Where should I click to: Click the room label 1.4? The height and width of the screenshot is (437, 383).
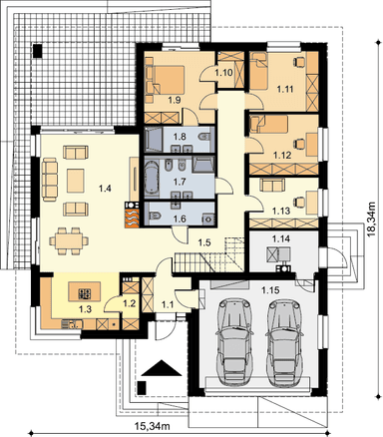(x=105, y=189)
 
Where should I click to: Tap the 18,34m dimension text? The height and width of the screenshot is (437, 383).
(x=372, y=219)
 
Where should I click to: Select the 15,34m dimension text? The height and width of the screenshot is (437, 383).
(x=153, y=425)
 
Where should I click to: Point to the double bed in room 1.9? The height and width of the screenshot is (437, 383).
(x=166, y=80)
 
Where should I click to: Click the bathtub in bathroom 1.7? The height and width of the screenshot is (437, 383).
(x=153, y=177)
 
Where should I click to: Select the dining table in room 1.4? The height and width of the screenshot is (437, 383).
(x=69, y=240)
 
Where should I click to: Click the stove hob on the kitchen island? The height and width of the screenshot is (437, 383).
(x=85, y=293)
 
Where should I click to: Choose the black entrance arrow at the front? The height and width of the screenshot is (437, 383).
(x=162, y=368)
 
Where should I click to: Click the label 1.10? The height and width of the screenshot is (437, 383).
(x=223, y=73)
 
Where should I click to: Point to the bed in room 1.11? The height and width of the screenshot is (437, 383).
(x=259, y=71)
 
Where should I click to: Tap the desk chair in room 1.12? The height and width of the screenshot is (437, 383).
(x=299, y=144)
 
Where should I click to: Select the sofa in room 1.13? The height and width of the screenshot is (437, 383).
(x=272, y=185)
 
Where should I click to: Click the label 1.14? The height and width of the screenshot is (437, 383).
(x=281, y=238)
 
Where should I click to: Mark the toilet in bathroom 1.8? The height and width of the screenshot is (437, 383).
(x=204, y=137)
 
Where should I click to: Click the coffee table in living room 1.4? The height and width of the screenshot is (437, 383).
(x=76, y=181)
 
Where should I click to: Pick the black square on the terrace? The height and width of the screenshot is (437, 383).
(x=38, y=51)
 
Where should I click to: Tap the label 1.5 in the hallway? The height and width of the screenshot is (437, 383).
(x=204, y=242)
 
